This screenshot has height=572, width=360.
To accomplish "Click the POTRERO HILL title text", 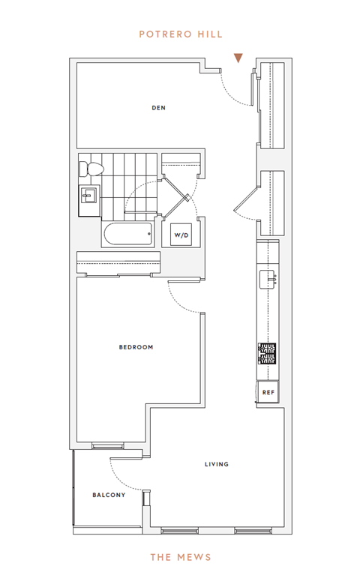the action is coord(181,34).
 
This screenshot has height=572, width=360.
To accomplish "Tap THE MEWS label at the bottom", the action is coord(181,557).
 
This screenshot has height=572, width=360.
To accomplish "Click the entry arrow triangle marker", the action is coord(238,58).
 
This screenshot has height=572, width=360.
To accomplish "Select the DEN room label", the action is coord(158,108).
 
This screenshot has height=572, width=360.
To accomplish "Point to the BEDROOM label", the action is coord(136,347).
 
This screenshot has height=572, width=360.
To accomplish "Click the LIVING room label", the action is coord(217,464).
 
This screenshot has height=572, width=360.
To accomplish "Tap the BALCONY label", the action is coord(109,495).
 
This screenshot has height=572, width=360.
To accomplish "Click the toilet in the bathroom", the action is coord(91,169).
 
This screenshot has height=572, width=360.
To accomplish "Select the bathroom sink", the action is coord(89,196).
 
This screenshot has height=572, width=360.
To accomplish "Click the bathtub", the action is coord(127,234).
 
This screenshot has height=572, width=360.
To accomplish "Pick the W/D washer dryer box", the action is coord(181,235).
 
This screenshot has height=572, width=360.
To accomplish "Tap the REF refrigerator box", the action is coord(268,392).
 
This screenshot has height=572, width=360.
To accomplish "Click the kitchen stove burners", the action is coord(267,353).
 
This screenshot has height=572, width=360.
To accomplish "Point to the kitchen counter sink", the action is coord(268,280).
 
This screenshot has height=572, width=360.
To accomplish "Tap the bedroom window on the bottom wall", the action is coord(107,445).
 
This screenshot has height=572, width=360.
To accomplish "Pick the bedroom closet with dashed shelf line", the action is coord(118,262).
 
